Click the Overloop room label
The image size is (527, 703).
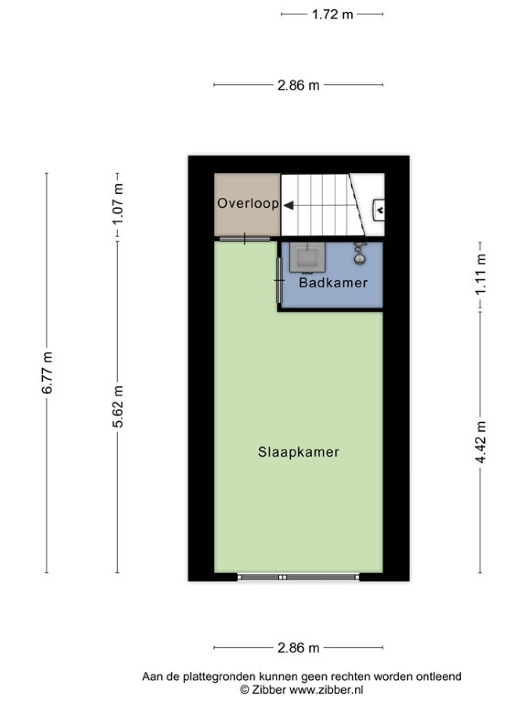[x=248, y=204]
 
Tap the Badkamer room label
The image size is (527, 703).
[x=333, y=283]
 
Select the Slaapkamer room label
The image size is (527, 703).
[x=298, y=452]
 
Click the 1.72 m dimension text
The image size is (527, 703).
[x=332, y=15]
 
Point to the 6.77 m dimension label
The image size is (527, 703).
[x=47, y=373]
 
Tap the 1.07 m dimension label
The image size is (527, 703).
[x=118, y=205]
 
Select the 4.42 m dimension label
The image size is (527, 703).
[x=480, y=442]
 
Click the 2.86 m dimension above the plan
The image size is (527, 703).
[x=298, y=85]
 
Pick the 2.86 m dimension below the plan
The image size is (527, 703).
[x=298, y=648]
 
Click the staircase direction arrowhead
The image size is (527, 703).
[x=289, y=205]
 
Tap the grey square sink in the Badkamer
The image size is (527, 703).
[x=307, y=257]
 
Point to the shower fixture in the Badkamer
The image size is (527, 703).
[x=360, y=254]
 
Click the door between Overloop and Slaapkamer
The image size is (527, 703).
[x=245, y=239]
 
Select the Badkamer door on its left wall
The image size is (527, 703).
[x=279, y=280]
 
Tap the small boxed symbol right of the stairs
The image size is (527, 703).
[x=379, y=210]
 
